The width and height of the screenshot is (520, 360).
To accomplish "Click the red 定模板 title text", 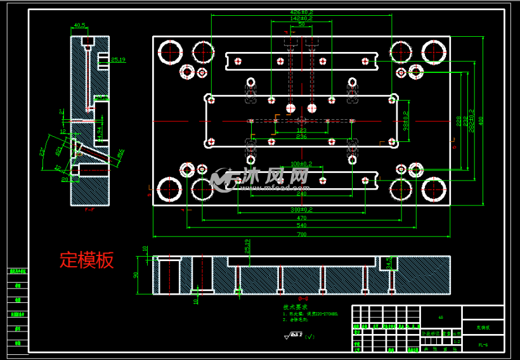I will pyautogui.click(x=87, y=259).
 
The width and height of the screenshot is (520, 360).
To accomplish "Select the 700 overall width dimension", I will pyautogui.click(x=301, y=235).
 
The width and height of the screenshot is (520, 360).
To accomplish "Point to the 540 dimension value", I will pyautogui.click(x=301, y=226).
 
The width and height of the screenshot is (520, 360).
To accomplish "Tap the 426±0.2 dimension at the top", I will pyautogui.click(x=301, y=12).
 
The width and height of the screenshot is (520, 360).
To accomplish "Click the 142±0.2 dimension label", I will pyautogui.click(x=301, y=18).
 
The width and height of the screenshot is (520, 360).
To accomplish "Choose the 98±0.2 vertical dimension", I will pyautogui.click(x=406, y=119).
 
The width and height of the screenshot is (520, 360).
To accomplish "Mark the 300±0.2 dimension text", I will pyautogui.click(x=301, y=209).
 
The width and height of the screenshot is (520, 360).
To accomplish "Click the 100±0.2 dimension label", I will pyautogui.click(x=301, y=164).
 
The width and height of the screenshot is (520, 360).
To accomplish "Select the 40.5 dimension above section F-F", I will pyautogui.click(x=80, y=25).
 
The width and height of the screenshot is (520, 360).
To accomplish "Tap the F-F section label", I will pyautogui.click(x=89, y=215).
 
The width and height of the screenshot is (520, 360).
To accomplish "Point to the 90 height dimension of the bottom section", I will pyautogui.click(x=136, y=275).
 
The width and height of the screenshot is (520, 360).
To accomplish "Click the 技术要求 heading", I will pyautogui.click(x=296, y=307).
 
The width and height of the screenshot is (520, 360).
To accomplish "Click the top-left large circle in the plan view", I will pyautogui.click(x=170, y=51).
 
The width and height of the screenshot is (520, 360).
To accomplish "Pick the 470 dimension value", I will pyautogui.click(x=301, y=218).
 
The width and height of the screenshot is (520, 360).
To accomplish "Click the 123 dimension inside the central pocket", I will pyautogui.click(x=301, y=130).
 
